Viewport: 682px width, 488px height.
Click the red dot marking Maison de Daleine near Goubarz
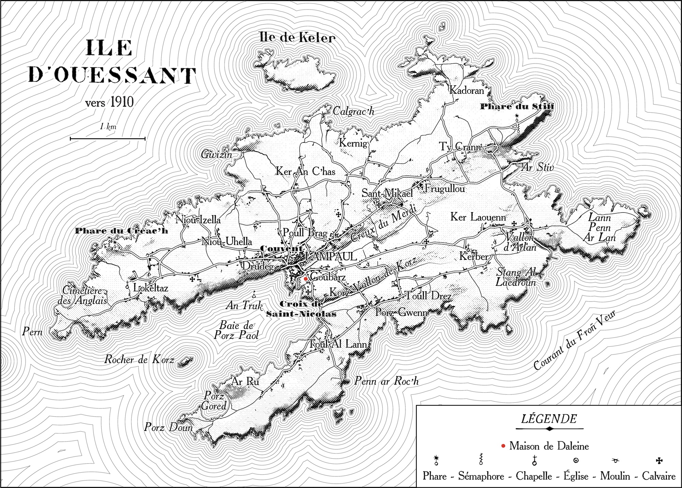pos(306,279)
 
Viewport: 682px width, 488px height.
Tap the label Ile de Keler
pos(297,38)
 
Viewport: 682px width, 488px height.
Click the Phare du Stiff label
pos(517,107)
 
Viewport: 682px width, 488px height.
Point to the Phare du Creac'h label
pos(121,231)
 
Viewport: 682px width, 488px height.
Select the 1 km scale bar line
pos(108,139)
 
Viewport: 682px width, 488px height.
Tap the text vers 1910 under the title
pos(109,102)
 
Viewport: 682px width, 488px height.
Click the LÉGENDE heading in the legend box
pos(549,419)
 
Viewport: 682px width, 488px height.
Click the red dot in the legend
pos(503,446)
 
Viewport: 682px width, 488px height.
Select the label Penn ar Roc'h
pos(386,381)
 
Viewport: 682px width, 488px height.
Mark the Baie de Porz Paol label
pos(236,330)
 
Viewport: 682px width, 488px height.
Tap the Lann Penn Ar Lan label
pos(599,227)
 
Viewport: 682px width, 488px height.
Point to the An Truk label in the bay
pos(243,305)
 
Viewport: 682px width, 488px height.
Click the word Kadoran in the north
pos(466,90)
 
